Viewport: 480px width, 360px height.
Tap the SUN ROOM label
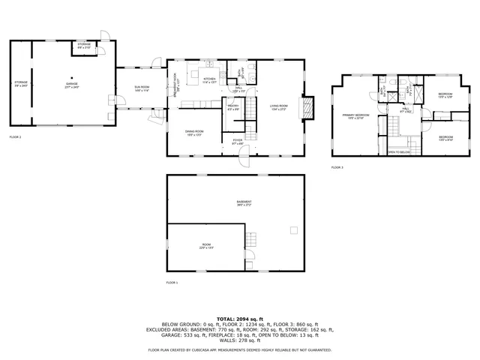click(x=142, y=88)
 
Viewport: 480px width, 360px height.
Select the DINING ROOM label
click(x=195, y=133)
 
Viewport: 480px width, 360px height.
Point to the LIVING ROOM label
click(x=279, y=106)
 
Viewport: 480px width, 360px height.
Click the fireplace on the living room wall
click(x=307, y=109)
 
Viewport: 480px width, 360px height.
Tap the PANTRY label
click(x=233, y=106)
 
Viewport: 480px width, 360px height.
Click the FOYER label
click(x=237, y=140)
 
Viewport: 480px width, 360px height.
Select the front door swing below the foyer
click(x=244, y=159)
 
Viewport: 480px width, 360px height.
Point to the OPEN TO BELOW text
click(x=398, y=151)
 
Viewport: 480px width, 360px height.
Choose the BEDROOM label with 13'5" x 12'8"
click(x=445, y=94)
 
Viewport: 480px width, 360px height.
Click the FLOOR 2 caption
click(x=16, y=137)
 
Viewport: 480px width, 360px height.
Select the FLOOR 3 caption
click(x=337, y=167)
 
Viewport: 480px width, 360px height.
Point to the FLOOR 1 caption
click(x=172, y=282)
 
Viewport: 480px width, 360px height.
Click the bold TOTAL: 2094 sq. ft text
click(x=240, y=319)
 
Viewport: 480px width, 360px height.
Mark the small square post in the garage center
click(x=72, y=78)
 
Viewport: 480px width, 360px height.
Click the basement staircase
click(x=253, y=241)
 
